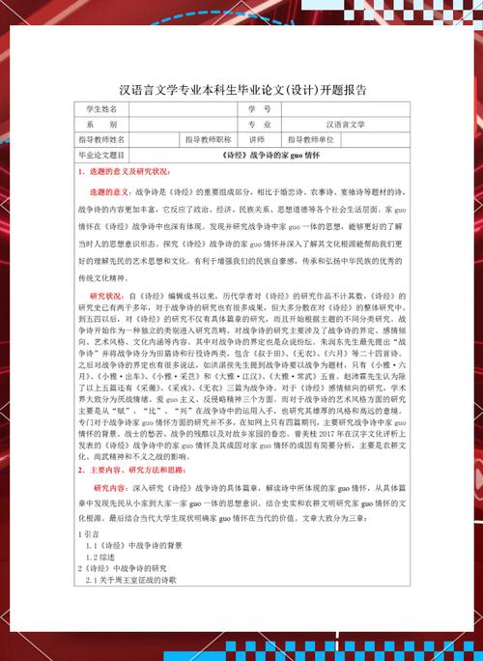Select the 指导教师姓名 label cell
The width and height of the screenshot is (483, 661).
(x=102, y=139)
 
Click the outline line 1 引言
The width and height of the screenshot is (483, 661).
(x=88, y=533)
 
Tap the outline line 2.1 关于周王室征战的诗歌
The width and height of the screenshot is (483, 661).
(x=131, y=582)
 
